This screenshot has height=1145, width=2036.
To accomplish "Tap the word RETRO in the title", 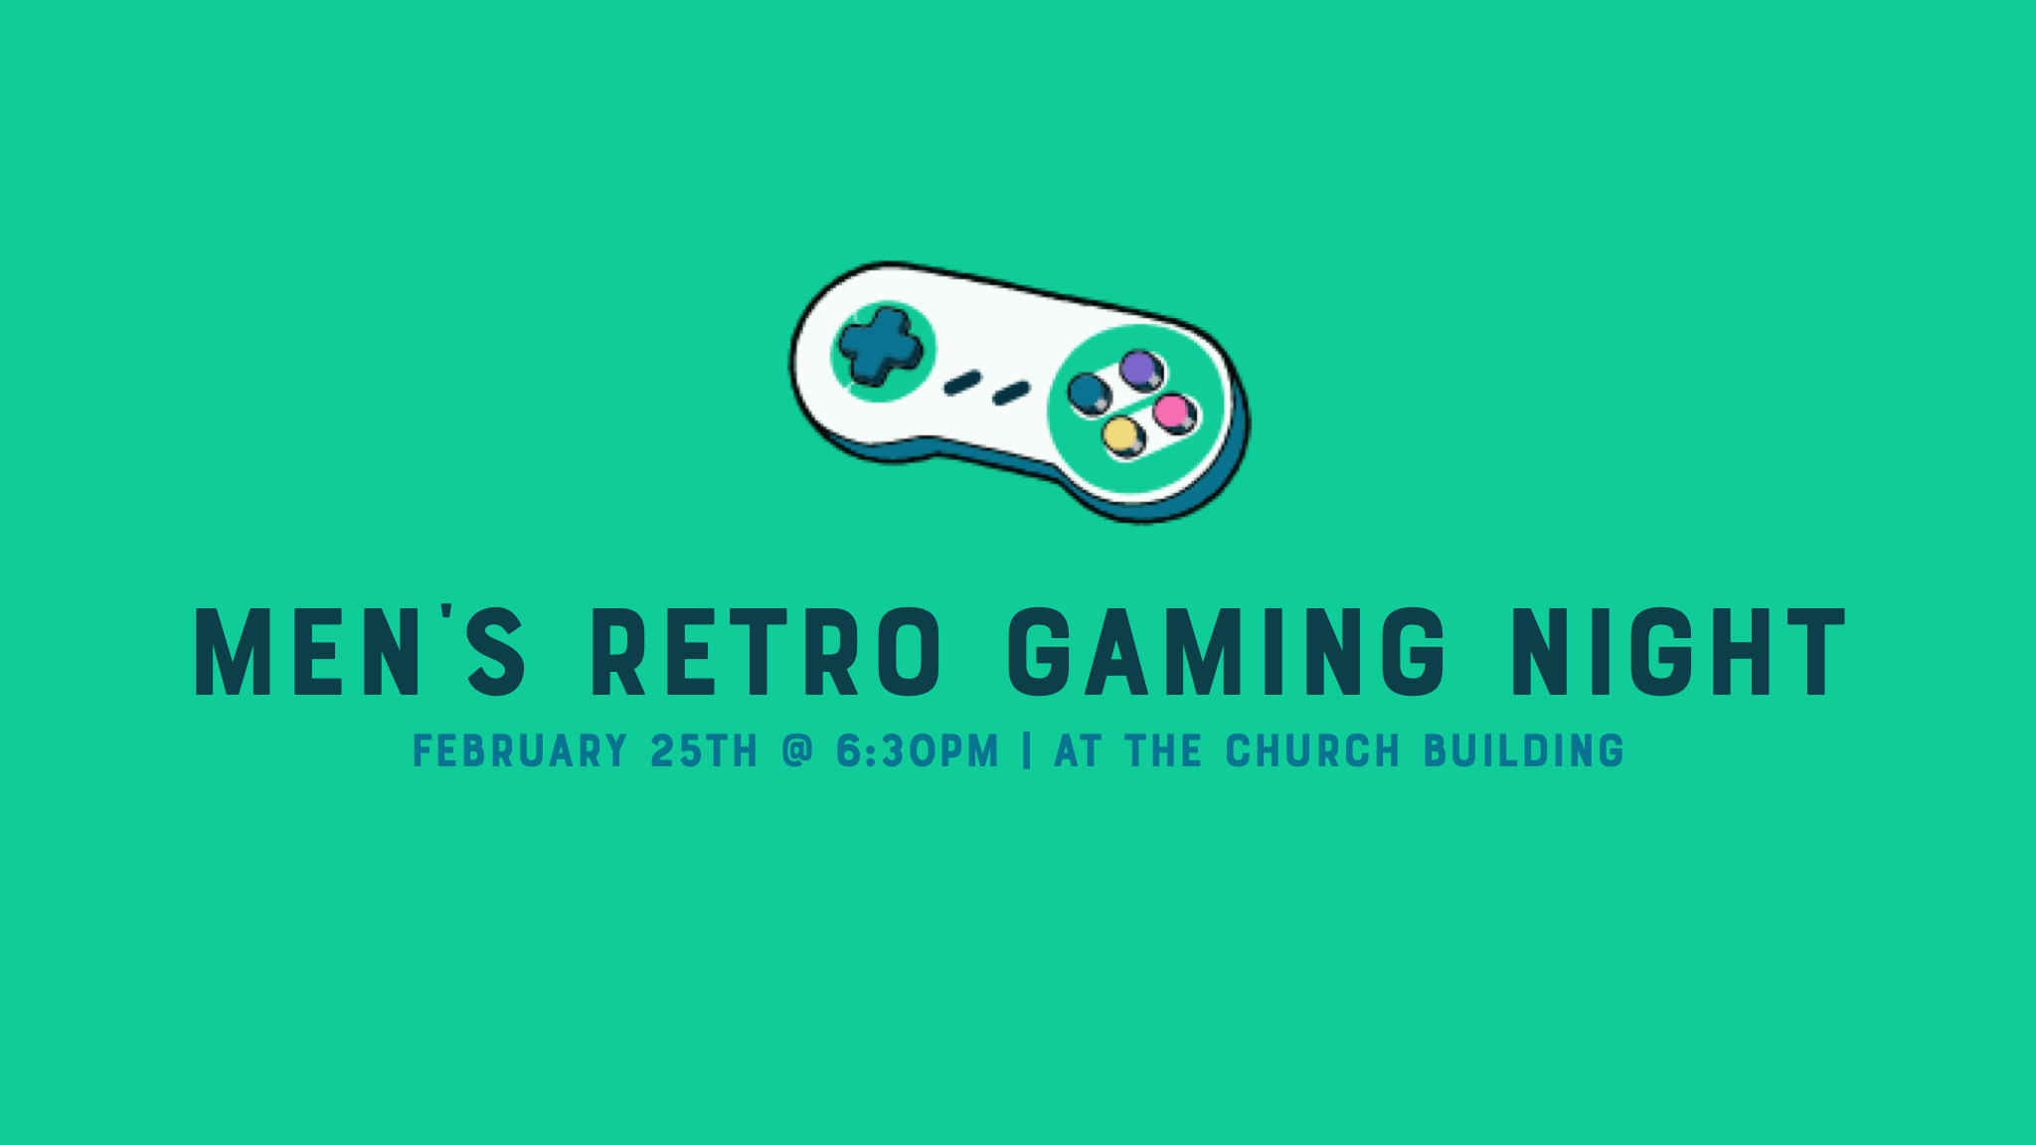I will click(765, 652).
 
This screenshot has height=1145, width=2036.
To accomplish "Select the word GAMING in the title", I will click(1227, 652).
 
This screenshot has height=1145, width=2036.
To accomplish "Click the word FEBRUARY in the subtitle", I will click(520, 750).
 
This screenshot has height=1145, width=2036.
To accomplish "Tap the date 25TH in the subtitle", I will click(704, 750).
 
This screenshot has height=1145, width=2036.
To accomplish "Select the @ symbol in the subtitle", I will click(797, 749).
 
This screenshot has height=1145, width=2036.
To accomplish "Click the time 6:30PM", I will click(917, 750).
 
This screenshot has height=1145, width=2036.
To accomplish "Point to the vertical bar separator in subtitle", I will click(1026, 750).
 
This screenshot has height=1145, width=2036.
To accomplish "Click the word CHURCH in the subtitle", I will click(1312, 750).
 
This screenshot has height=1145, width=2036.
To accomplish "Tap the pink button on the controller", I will click(1174, 412).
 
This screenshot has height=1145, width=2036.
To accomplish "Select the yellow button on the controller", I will click(1122, 436).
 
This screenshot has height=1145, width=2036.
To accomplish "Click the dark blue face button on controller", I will click(1089, 392).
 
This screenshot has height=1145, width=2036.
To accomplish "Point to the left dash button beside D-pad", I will click(962, 382).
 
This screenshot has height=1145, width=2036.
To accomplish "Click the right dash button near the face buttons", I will click(1011, 394).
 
